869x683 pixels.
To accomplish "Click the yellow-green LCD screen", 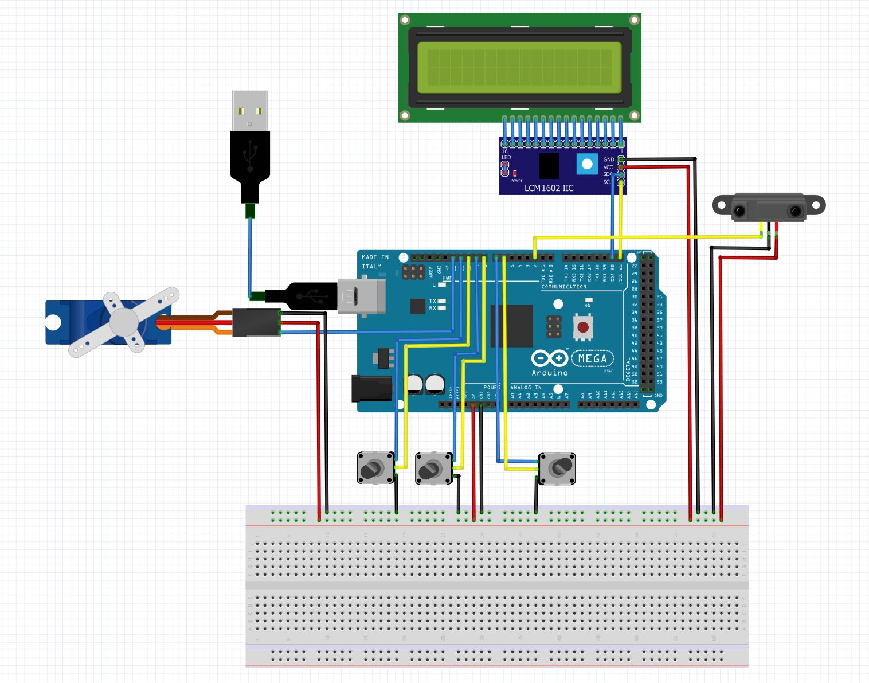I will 519,67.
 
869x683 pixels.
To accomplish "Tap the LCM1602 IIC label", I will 549,188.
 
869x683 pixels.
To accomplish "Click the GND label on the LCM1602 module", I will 608,159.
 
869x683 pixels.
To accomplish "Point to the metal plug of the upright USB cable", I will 250,111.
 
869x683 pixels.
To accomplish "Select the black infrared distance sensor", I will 768,207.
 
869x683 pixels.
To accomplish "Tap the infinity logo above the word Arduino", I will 549,359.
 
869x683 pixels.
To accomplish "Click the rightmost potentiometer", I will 557,469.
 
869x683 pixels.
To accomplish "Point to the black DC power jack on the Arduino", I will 371,388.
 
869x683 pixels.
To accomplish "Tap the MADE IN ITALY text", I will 375,262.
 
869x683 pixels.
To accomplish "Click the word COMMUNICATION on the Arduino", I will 563,287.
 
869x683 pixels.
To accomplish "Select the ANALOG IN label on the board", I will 526,388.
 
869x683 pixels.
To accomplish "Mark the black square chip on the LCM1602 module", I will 549,166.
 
